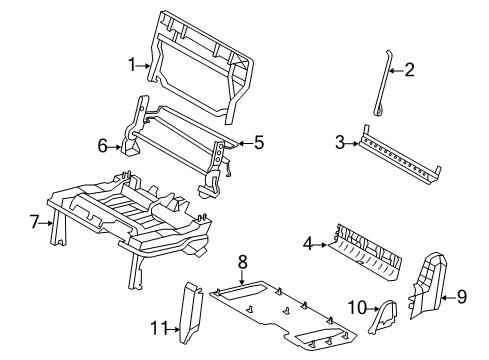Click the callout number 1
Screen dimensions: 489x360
133,65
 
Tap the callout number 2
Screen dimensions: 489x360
409,70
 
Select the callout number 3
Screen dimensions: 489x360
340,142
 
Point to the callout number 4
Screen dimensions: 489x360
308,244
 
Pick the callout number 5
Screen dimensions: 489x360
259,142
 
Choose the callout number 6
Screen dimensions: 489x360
103,146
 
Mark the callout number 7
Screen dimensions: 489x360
34,222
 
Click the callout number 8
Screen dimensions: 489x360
243,262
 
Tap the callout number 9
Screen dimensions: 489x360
462,296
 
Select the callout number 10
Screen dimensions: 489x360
357,307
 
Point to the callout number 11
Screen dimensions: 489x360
158,328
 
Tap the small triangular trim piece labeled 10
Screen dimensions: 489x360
383,316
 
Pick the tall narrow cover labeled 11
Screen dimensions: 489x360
191,313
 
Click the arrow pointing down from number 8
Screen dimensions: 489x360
242,277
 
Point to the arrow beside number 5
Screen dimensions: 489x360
245,144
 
